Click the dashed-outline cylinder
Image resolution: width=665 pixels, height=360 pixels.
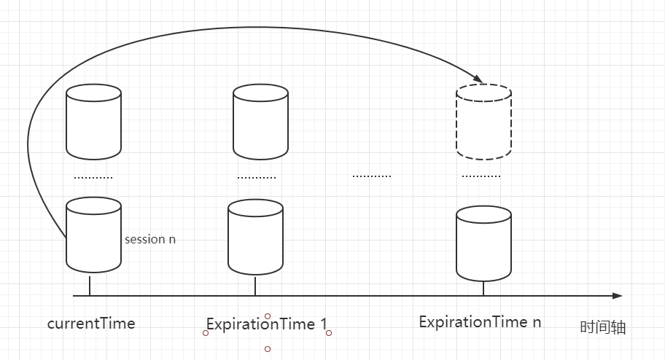(483, 122)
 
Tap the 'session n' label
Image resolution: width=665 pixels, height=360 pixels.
(150, 239)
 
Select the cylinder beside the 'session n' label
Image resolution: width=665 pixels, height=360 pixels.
(94, 235)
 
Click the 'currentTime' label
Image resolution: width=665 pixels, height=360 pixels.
(91, 324)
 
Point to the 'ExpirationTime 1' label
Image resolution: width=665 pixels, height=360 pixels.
(267, 324)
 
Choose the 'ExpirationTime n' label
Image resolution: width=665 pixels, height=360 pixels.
(480, 322)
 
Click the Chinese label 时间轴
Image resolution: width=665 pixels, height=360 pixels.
(602, 327)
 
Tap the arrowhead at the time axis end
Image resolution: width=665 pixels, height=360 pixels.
(618, 296)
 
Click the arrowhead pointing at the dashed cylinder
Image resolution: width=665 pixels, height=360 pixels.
(478, 79)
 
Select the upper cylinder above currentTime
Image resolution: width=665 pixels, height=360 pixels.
(94, 122)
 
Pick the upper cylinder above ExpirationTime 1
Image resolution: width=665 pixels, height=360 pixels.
(260, 122)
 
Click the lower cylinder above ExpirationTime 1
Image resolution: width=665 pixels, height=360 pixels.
(255, 237)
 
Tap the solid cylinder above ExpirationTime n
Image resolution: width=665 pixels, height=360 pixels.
(483, 243)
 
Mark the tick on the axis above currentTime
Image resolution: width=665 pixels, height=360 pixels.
(90, 286)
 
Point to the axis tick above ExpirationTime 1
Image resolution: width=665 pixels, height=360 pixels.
(255, 286)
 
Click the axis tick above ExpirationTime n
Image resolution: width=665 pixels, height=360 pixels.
(483, 289)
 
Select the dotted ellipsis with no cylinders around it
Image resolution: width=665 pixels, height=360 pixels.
(372, 176)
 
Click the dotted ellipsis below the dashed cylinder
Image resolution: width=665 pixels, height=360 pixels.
(481, 176)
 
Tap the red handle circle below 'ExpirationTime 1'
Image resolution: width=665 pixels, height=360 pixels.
(267, 349)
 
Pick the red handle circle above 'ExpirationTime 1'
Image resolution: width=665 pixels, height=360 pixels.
(267, 316)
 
